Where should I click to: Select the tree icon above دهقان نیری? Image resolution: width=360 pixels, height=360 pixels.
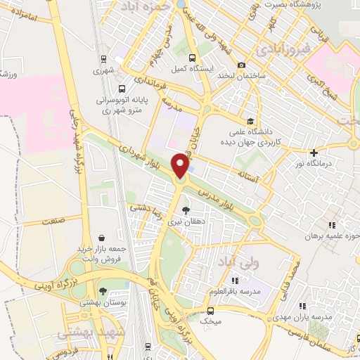click(186, 210)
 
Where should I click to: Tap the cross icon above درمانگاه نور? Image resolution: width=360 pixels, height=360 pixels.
click(314, 153)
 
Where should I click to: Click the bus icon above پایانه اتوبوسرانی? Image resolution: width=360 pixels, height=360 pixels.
click(122, 89)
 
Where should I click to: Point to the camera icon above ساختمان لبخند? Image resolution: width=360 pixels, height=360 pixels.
click(241, 65)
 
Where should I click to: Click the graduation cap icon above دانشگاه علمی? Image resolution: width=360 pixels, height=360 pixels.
click(252, 120)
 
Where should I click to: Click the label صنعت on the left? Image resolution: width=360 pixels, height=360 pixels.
click(57, 220)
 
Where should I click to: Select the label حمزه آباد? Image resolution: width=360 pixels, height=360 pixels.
click(169, 7)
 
